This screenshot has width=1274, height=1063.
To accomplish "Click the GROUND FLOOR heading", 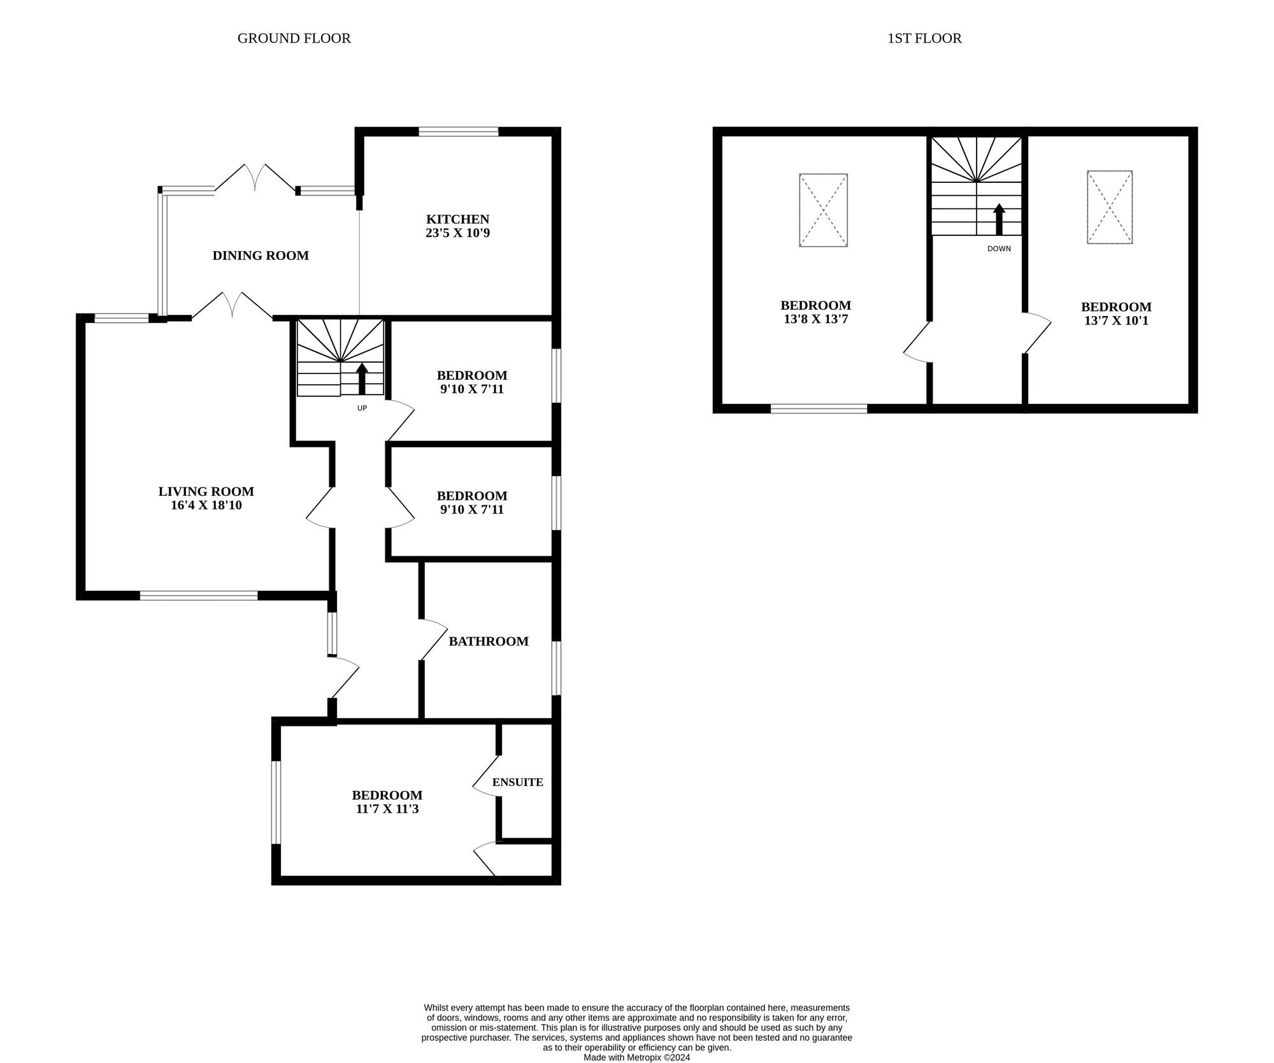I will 294,38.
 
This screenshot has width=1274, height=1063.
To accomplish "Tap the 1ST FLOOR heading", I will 924,38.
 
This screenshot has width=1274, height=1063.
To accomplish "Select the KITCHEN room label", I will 457,219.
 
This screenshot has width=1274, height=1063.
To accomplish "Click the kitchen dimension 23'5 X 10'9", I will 457,233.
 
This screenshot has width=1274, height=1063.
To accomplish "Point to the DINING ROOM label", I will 261,256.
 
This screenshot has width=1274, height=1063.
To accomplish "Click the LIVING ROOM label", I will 206,491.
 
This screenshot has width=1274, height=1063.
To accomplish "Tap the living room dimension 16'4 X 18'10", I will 206,506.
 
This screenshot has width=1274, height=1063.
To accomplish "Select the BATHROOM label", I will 489,641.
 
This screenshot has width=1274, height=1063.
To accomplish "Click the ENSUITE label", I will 517,782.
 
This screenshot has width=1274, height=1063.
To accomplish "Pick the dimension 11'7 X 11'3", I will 387,809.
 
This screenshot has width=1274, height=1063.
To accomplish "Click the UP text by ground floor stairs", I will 362,408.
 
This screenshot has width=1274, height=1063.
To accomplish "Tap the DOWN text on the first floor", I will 999,249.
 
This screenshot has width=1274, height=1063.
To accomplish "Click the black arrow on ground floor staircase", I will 362,379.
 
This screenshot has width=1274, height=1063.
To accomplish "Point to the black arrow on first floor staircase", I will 999,219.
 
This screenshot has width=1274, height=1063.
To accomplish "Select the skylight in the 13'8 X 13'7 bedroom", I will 823,210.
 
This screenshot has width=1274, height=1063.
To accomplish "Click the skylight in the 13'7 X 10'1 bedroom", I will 1110,207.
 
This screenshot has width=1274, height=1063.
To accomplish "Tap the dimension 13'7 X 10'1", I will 1116,321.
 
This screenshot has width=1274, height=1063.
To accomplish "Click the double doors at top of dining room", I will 255,178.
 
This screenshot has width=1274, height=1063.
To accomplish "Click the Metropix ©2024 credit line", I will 636,1057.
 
